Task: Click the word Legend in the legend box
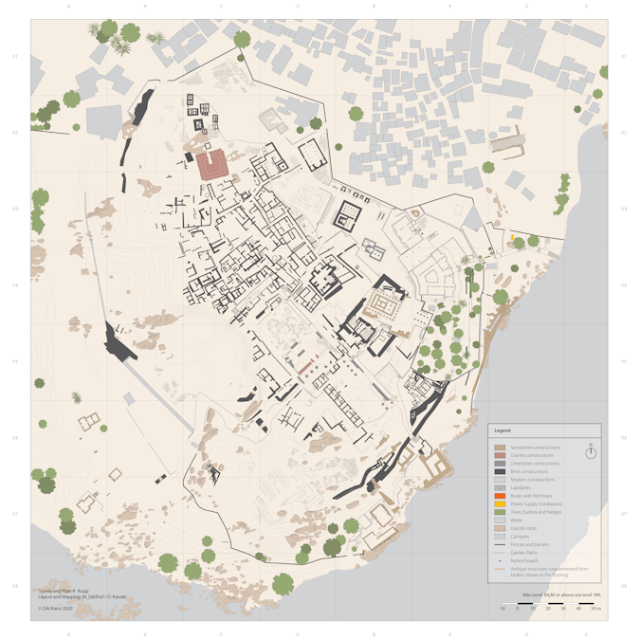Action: click(503, 430)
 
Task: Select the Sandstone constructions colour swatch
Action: click(500, 448)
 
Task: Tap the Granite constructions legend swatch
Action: click(500, 455)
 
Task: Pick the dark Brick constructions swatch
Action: click(500, 471)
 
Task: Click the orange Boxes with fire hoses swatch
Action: click(500, 496)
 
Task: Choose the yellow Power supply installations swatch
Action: click(500, 503)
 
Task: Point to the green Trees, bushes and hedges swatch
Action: click(500, 512)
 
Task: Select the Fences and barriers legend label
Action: click(530, 544)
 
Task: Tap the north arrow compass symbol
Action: click(591, 452)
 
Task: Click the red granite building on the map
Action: click(213, 163)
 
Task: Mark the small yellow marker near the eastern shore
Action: click(512, 236)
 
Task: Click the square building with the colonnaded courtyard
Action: click(385, 305)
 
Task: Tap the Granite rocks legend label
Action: click(525, 528)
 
